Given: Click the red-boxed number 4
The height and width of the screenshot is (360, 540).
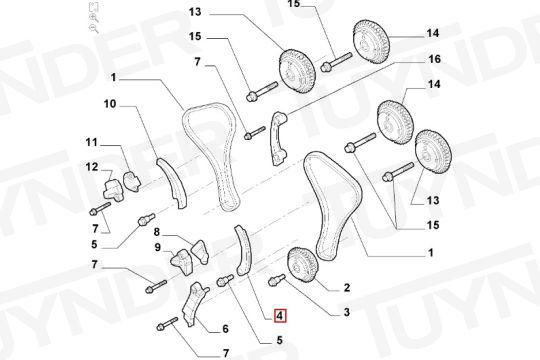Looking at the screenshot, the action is pyautogui.click(x=280, y=315).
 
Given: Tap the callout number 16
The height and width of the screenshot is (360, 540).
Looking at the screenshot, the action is pyautogui.click(x=434, y=59).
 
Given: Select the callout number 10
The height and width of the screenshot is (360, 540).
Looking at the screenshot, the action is pyautogui.click(x=110, y=103).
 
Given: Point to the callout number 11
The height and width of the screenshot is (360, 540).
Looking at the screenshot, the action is pyautogui.click(x=92, y=142).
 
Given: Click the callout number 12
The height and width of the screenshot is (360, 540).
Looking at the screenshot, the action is pyautogui.click(x=92, y=167).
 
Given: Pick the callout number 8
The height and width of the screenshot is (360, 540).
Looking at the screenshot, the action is pyautogui.click(x=157, y=232).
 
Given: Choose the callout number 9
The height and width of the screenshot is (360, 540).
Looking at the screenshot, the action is pyautogui.click(x=158, y=247).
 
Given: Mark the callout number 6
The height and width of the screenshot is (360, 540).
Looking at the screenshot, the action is pyautogui.click(x=225, y=329).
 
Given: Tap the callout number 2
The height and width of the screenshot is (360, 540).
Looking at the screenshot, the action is pyautogui.click(x=347, y=287).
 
